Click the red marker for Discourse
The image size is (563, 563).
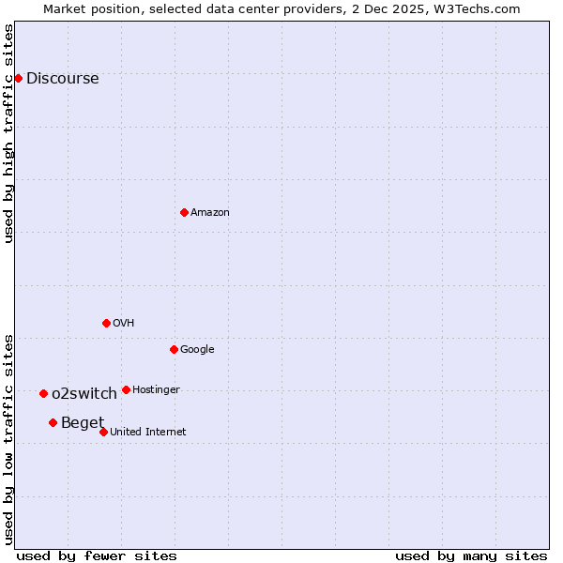click(18, 78)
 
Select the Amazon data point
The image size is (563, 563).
click(184, 212)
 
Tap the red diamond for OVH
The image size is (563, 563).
click(106, 323)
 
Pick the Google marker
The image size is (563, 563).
click(174, 349)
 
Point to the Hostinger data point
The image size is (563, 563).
click(126, 389)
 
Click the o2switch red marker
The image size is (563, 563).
click(43, 393)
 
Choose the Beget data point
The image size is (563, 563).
click(53, 422)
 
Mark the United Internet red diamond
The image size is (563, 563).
click(103, 432)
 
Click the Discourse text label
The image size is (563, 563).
click(62, 79)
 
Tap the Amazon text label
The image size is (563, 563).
click(209, 213)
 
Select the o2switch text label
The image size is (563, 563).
click(84, 394)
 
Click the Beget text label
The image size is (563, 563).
click(83, 423)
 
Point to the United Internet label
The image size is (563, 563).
click(147, 433)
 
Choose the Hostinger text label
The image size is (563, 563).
click(156, 390)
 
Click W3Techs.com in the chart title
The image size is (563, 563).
click(476, 8)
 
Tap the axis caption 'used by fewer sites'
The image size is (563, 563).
click(97, 556)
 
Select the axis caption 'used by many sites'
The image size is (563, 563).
click(471, 556)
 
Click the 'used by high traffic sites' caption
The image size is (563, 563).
click(9, 133)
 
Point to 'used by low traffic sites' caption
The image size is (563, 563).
click(9, 438)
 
